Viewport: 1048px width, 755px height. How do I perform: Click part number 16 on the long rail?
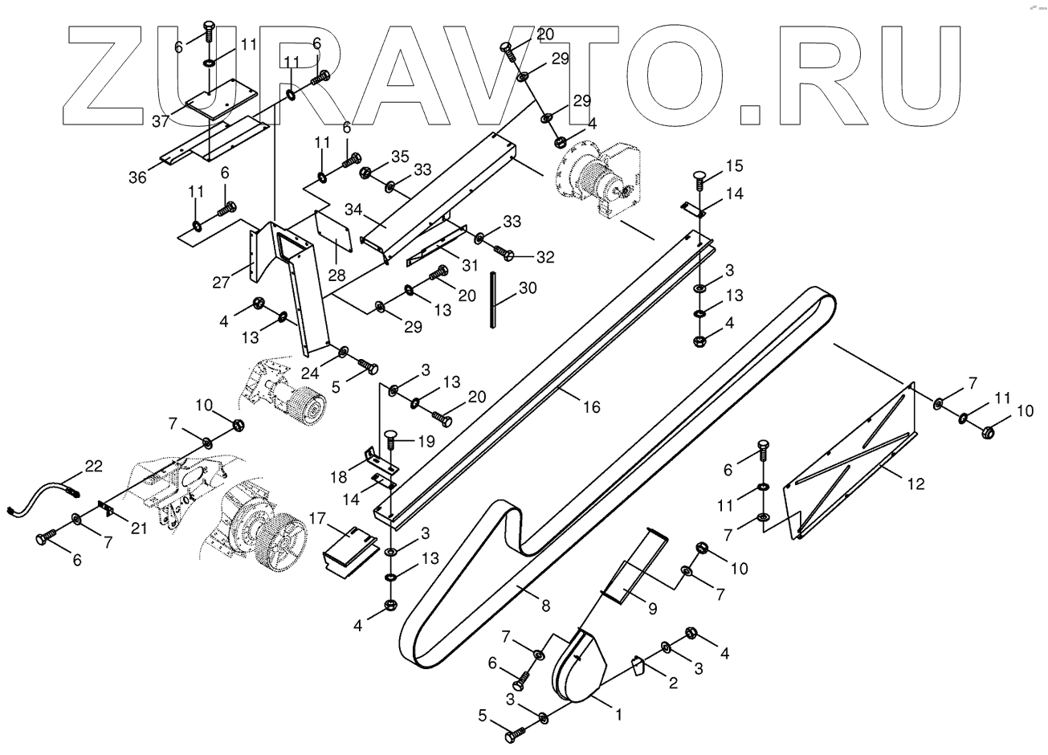point(591,407)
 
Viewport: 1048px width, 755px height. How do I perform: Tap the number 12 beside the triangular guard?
point(915,484)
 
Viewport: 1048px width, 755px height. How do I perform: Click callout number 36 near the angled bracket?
point(138,178)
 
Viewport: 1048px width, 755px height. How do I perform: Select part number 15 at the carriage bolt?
point(735,166)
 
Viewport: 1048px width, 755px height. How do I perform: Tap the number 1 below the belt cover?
point(618,712)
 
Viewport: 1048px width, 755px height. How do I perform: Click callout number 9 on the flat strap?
point(652,609)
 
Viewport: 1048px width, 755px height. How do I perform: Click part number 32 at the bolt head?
point(545,257)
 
